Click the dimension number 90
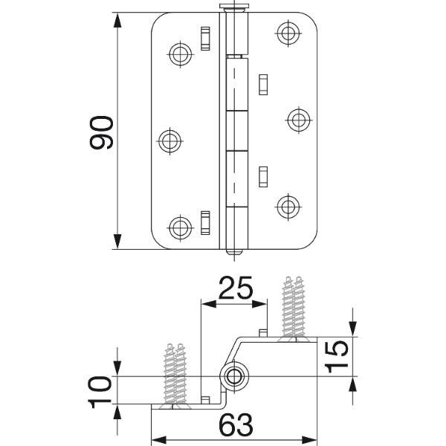(101, 132)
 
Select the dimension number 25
(236, 288)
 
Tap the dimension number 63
(236, 424)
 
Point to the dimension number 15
(337, 357)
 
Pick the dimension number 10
(100, 392)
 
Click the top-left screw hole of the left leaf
(181, 54)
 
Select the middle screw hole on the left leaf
(169, 140)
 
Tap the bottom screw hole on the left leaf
(181, 228)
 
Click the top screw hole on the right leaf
(288, 33)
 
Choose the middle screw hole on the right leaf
(299, 120)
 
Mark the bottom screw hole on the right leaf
(288, 207)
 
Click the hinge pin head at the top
(234, 7)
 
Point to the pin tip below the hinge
(234, 252)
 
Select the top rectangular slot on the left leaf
(205, 39)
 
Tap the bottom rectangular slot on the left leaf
(205, 223)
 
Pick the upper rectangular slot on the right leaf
(263, 85)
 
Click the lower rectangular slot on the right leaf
(263, 177)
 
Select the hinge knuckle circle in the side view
(234, 377)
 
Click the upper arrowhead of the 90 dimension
(117, 20)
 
